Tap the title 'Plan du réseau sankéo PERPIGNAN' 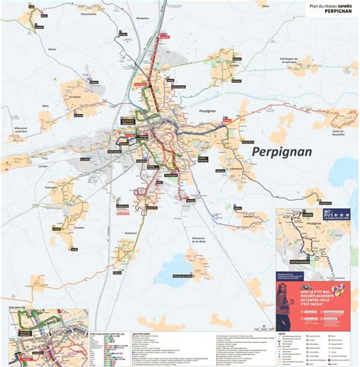pyautogui.click(x=331, y=9)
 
